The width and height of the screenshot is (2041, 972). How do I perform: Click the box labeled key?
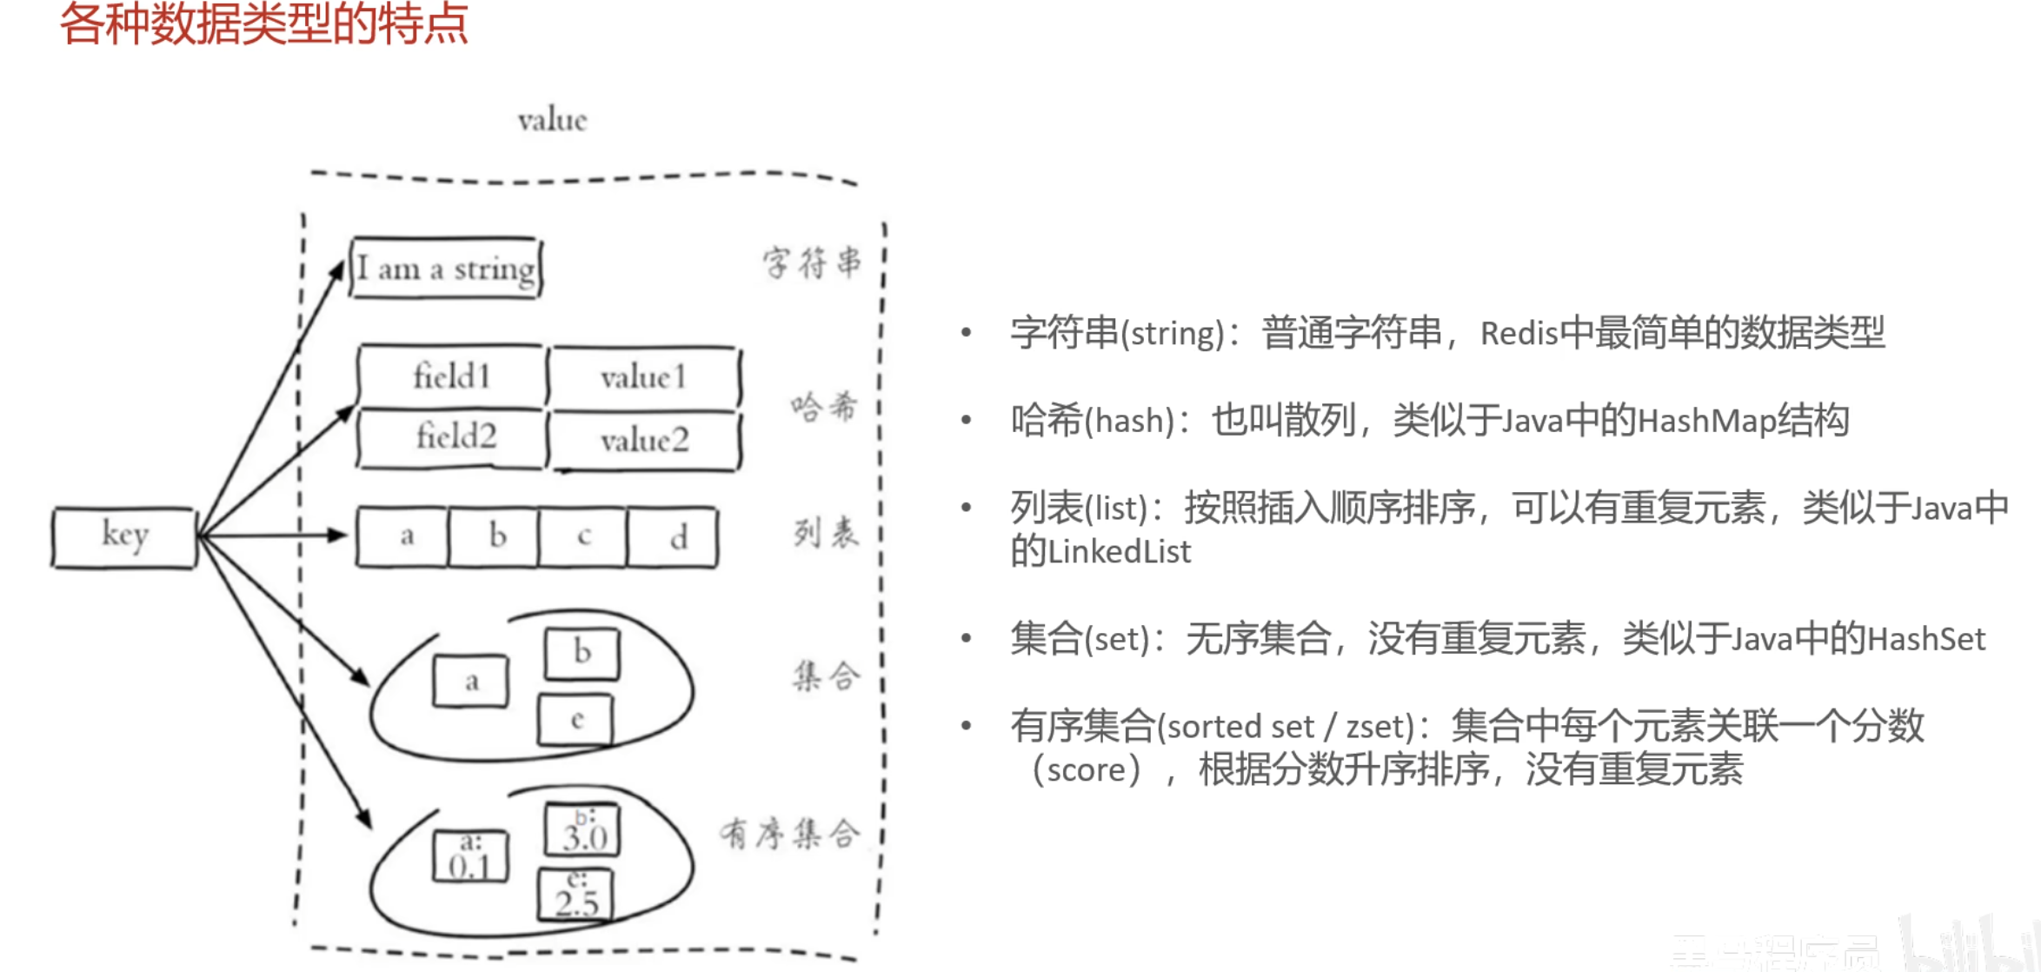click(x=124, y=537)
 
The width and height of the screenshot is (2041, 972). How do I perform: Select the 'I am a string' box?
click(x=446, y=269)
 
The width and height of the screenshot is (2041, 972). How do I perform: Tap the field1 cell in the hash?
click(x=452, y=377)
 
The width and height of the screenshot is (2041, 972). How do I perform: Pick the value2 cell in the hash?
click(x=644, y=441)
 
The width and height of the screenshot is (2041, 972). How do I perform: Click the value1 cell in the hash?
click(x=644, y=377)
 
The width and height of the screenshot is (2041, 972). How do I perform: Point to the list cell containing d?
click(x=673, y=537)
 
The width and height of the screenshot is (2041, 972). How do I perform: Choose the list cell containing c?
click(x=582, y=537)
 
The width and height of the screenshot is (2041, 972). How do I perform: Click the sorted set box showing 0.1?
click(x=470, y=855)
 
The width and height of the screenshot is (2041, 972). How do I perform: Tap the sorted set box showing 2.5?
click(x=576, y=895)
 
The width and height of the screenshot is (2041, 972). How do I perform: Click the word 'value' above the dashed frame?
click(x=552, y=120)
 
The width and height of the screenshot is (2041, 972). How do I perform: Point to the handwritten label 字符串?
click(x=812, y=263)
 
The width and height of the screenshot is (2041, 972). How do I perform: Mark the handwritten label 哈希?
click(x=823, y=406)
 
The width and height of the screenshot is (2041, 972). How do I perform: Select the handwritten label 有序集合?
click(x=789, y=834)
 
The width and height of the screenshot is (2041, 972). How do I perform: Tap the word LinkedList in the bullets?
click(x=1120, y=552)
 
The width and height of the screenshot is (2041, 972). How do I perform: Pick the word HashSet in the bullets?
click(x=1926, y=640)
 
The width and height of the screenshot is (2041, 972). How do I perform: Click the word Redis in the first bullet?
click(x=1519, y=334)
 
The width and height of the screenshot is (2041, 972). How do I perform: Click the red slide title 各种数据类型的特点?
click(x=263, y=24)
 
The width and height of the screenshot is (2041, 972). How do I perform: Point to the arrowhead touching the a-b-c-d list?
click(x=338, y=535)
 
